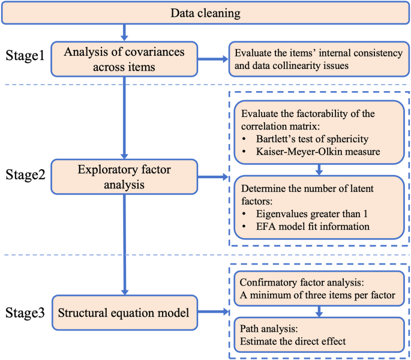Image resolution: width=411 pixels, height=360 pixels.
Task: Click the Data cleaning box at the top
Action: [205, 13]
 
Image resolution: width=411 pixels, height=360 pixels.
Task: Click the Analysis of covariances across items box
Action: [123, 58]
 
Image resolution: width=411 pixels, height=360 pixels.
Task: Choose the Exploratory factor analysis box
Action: [123, 177]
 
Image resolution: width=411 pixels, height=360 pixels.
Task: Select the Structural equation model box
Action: [123, 311]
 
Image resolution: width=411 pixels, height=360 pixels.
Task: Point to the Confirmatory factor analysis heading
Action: [298, 281]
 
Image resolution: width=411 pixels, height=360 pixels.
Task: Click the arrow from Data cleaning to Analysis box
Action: [123, 32]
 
